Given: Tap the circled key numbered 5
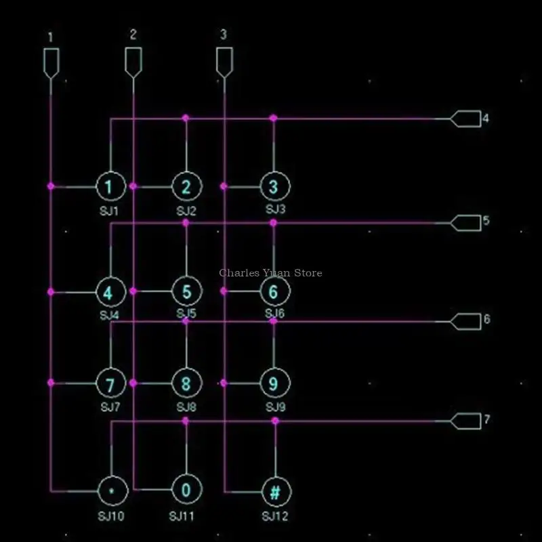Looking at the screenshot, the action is pos(186,292).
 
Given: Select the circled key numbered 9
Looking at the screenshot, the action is pos(274,383).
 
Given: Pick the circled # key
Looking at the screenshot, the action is pos(275,491).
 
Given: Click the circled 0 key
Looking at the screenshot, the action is pos(186,489).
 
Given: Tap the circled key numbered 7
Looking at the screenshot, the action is pos(110,383).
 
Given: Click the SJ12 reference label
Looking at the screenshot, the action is pos(275,517).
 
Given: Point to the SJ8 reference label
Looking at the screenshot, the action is pos(186,407).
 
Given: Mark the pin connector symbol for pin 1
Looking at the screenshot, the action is pos(51,62).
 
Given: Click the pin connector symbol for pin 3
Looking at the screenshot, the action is pos(224,62).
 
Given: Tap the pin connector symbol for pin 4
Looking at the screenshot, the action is pos(465,119).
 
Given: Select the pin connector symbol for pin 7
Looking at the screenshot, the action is pos(465,421).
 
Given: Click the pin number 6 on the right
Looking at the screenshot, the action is pos(486,319).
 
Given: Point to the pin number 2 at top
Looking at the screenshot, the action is pos(133,34).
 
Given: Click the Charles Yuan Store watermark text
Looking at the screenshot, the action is pos(270,273).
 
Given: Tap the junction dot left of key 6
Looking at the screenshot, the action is pos(224,291).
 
